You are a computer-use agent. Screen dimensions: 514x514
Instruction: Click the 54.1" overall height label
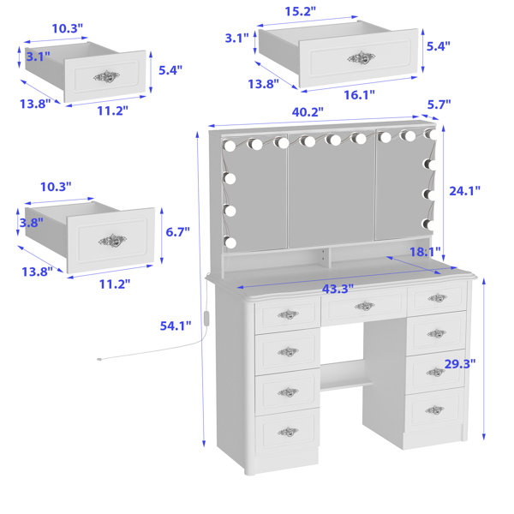pos(176,326)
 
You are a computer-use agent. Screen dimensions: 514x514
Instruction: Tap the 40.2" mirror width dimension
pos(308,111)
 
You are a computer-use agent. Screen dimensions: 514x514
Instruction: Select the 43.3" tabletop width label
pos(338,289)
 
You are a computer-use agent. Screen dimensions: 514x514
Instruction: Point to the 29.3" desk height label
pos(459,363)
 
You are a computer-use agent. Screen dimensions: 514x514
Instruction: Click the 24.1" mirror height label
pos(464,190)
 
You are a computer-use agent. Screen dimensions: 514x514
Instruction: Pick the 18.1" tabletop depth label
pos(425,252)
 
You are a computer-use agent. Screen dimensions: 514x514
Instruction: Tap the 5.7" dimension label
pos(439,105)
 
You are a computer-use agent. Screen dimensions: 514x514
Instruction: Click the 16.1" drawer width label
pos(359,95)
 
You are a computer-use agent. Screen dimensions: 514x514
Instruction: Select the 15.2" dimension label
pos(300,11)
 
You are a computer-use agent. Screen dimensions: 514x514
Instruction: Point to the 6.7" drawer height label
pos(177,232)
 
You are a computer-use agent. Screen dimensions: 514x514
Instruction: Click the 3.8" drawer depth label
pos(31,223)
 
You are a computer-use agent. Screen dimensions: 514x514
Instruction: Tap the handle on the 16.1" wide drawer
pos(362,58)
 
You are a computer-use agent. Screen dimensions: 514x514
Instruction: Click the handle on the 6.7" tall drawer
pos(112,241)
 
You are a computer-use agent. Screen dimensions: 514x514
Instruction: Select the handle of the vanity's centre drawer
pos(364,306)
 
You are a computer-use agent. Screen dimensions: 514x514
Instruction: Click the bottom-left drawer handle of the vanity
pos(288,432)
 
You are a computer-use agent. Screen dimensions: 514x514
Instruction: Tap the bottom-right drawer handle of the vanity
pos(434,409)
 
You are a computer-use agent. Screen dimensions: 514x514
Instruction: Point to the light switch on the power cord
pos(206,318)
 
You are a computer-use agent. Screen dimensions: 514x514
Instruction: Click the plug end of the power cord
pos(99,360)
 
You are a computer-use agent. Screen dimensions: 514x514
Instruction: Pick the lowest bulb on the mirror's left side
pos(230,242)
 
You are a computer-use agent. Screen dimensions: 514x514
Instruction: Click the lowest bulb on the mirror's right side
pos(428,224)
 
